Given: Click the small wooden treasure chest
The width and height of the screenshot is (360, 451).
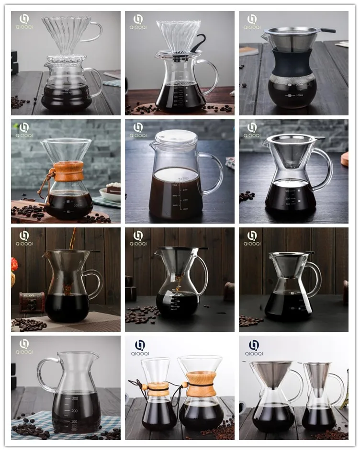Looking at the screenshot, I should [32, 302].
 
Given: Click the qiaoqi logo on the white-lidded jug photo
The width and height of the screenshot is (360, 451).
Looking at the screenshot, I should [138, 130].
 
